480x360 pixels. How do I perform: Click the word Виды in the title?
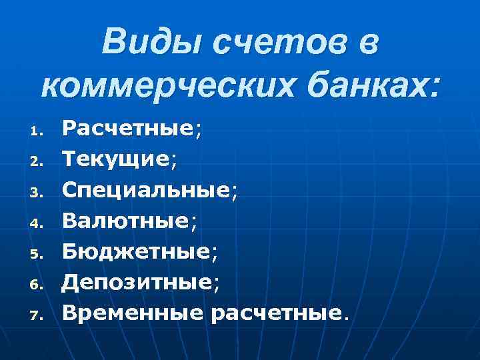(151, 44)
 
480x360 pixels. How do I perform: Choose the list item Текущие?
(116, 159)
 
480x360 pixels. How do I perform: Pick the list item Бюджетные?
(136, 250)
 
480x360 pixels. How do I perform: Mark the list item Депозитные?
(137, 281)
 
